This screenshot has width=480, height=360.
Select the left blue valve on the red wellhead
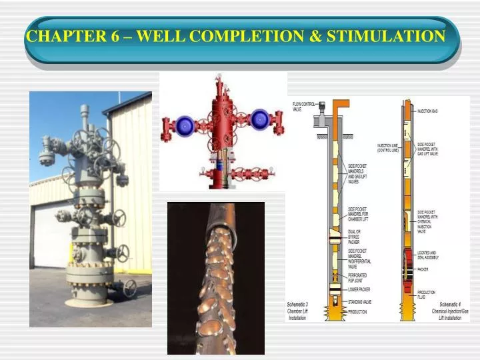tap(183, 124)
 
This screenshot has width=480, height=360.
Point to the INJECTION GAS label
tap(428, 111)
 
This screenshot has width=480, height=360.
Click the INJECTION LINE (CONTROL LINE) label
tap(388, 148)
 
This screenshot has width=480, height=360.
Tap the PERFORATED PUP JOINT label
tap(358, 277)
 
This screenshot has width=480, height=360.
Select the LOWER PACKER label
tap(359, 289)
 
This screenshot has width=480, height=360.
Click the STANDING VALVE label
tap(359, 302)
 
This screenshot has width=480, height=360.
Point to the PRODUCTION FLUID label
tap(427, 295)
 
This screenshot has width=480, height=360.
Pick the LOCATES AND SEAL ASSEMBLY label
tap(429, 255)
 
